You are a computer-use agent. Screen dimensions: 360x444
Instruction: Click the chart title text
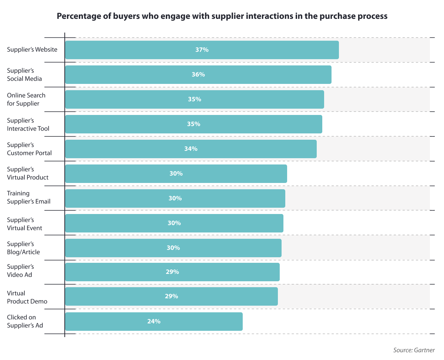point(222,17)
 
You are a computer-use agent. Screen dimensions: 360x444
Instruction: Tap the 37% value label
point(202,50)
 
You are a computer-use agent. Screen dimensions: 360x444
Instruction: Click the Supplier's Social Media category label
point(24,74)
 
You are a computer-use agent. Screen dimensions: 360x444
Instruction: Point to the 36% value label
point(198,75)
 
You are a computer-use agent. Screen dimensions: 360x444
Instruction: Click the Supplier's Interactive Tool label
point(28,125)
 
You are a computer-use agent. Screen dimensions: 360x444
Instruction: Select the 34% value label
point(191,149)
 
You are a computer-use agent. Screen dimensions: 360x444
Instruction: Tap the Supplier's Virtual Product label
point(28,173)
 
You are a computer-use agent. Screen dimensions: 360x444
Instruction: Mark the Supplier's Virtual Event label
point(24,224)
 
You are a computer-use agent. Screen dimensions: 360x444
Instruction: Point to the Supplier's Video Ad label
point(20,271)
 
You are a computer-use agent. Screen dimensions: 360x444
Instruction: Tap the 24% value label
point(154,322)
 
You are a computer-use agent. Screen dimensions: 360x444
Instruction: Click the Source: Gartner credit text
point(414,350)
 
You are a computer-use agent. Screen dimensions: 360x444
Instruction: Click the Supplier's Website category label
point(32,50)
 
